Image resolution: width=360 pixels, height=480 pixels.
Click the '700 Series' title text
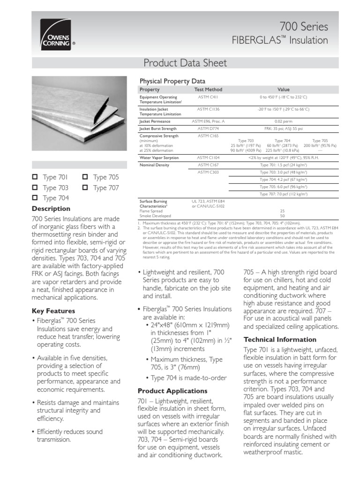[x=303, y=27]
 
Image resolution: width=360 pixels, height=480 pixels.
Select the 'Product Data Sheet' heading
[x=185, y=63]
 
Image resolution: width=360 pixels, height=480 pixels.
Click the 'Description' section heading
[x=51, y=209]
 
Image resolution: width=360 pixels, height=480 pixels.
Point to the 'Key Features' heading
[x=53, y=311]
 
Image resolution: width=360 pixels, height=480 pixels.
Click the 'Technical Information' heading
[x=280, y=339]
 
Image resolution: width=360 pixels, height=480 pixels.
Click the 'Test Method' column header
[x=208, y=90]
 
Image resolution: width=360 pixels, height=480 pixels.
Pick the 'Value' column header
[x=284, y=90]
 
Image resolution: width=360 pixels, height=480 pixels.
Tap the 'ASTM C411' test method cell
[x=208, y=97]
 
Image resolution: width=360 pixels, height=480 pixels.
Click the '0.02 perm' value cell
[x=284, y=121]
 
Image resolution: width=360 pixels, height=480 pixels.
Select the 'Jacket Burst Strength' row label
[x=158, y=128]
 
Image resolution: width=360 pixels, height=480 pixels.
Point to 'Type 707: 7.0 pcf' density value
[x=284, y=194]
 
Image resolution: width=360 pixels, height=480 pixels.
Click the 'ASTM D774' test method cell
[x=208, y=128]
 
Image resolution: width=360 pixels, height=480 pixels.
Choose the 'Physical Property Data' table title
[x=170, y=81]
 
